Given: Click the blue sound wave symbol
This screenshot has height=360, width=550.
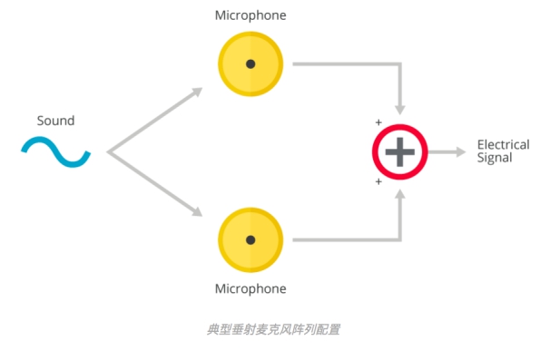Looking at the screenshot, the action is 55,152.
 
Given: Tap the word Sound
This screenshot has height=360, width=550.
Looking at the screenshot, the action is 55,121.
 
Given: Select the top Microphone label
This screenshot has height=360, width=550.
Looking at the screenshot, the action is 250,15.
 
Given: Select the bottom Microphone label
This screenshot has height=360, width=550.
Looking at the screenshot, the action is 250,289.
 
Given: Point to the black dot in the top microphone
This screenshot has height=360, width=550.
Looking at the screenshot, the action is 250,64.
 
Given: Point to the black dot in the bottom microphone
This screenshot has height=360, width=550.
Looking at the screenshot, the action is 250,240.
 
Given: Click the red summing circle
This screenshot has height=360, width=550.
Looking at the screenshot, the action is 375,152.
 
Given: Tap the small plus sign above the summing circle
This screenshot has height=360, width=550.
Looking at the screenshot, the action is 378,122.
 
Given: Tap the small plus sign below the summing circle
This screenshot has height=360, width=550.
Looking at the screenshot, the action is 378,181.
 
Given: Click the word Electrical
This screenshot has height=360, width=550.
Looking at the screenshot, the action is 504,144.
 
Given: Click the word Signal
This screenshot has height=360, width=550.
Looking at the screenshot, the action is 495,158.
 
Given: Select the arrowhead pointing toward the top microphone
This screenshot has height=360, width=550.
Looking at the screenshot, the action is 197,92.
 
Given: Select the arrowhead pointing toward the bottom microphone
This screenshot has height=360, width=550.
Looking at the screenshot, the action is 197,211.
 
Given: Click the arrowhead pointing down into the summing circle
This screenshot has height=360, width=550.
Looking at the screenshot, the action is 400,110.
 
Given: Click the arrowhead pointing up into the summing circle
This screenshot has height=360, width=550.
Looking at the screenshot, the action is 400,194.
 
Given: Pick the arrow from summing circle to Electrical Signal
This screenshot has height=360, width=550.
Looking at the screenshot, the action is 447,152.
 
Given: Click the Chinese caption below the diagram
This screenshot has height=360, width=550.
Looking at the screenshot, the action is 273,329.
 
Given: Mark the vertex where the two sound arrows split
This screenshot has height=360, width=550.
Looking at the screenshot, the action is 108,152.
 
